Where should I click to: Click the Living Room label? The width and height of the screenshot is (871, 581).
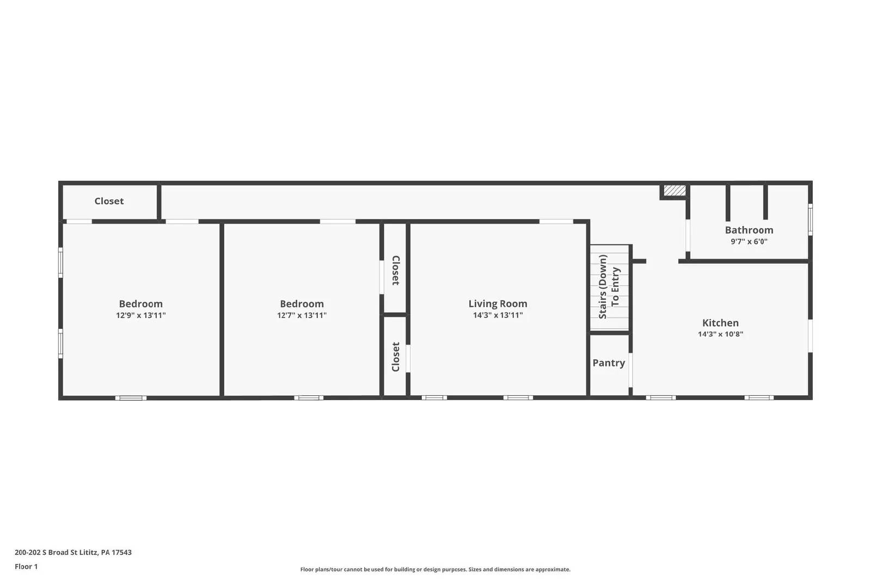(x=498, y=304)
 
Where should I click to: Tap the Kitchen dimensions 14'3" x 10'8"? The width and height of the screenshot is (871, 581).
(x=720, y=334)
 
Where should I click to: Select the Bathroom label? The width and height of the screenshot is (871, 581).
(x=749, y=230)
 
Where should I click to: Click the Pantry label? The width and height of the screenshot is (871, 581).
(x=609, y=363)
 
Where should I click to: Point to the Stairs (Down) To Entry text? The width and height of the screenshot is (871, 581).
(x=609, y=286)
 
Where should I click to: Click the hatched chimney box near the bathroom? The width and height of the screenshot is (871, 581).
(x=674, y=190)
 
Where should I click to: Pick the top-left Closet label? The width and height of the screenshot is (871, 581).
(x=109, y=201)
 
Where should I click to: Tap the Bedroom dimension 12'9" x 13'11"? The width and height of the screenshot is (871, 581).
(x=140, y=315)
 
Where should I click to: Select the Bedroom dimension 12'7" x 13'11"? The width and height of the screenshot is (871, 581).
(x=302, y=315)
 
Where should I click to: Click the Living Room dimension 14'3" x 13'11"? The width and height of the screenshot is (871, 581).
(x=498, y=315)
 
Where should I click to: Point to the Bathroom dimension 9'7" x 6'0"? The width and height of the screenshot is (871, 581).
(x=749, y=242)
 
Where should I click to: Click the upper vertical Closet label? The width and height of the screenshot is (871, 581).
(x=396, y=270)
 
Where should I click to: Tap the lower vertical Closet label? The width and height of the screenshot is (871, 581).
(x=396, y=357)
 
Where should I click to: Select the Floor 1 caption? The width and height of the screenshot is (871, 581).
(x=26, y=566)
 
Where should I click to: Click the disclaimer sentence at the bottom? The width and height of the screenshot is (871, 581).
(x=435, y=570)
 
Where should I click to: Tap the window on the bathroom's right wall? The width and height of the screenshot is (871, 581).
(x=810, y=219)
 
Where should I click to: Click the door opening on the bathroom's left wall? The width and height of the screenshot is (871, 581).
(x=688, y=235)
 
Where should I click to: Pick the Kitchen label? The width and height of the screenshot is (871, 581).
(x=720, y=323)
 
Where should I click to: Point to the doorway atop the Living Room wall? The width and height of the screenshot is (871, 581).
(x=556, y=222)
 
